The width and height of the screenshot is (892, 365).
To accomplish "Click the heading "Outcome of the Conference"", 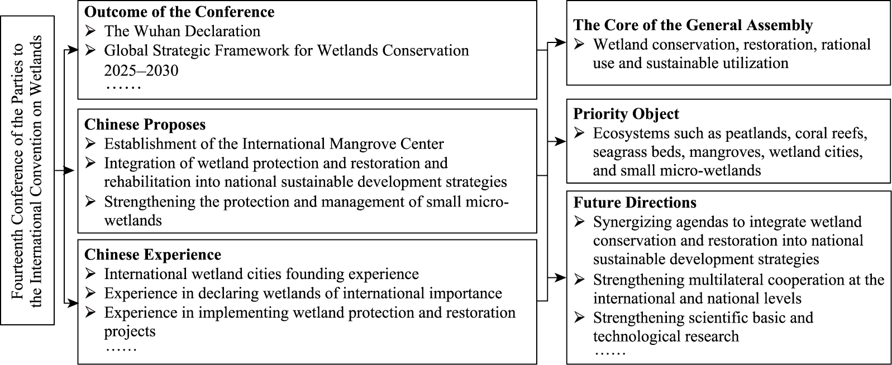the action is [179, 12].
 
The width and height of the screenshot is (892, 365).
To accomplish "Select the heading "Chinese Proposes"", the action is [145, 124].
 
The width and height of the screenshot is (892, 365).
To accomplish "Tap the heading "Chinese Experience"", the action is [152, 254].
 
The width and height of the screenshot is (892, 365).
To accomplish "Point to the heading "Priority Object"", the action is [626, 114].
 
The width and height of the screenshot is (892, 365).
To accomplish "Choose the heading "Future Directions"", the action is [635, 203].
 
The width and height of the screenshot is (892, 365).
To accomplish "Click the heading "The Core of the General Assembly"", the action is [693, 25].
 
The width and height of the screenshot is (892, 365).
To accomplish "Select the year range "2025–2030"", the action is [141, 70].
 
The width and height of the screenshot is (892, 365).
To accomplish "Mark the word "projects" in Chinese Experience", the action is [130, 332].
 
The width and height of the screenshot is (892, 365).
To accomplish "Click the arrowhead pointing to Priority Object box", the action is [561, 141].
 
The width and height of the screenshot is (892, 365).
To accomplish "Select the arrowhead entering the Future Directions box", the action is [561, 278].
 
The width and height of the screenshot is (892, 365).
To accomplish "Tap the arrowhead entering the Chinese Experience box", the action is [73, 304].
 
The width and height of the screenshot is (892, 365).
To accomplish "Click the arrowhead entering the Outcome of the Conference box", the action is [73, 50].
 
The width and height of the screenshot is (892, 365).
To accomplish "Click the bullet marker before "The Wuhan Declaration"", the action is [90, 31].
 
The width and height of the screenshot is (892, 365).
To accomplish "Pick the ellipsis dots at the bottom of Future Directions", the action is [610, 353].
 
